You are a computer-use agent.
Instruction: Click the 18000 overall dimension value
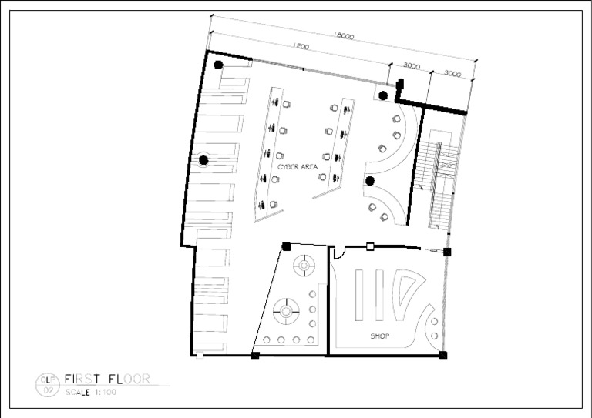point(345,35)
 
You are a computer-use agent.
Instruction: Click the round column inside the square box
point(384,94)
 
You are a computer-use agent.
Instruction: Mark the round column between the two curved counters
point(370,182)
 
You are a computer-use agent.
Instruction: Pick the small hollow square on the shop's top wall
point(370,247)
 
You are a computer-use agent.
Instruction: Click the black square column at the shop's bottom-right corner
point(442,355)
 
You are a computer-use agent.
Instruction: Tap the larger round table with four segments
point(288,312)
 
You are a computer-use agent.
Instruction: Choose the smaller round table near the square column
point(304,266)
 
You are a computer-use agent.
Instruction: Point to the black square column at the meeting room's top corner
point(286,246)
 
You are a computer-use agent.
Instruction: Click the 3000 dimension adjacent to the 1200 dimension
point(411,66)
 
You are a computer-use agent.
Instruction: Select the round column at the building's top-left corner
point(219,65)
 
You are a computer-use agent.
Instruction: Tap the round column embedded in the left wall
point(203,160)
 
